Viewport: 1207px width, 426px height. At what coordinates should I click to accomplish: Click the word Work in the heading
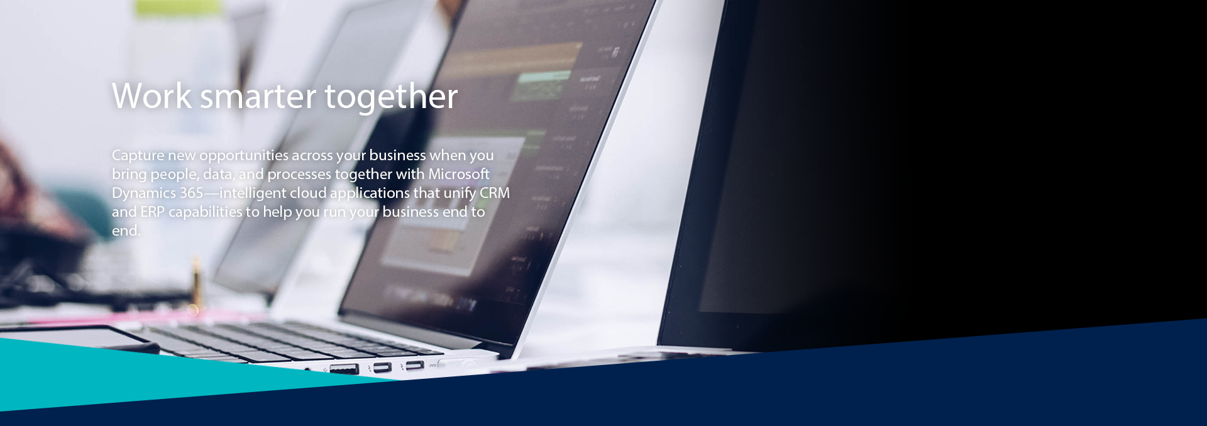coord(152,96)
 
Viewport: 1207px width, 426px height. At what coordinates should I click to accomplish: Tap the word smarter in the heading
coord(258,97)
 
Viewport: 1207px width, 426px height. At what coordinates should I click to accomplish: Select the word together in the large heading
coord(391,97)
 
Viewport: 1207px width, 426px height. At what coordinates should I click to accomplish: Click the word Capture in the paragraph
coord(138,156)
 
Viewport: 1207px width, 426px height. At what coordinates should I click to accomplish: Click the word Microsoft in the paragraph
coord(459,174)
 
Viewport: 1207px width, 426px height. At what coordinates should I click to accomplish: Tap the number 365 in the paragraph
coord(191,193)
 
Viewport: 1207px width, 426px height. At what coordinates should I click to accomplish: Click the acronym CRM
coord(495,193)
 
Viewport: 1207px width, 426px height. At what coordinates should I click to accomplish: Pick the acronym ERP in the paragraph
coord(152,212)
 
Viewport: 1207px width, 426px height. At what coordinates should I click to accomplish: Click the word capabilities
coord(205,212)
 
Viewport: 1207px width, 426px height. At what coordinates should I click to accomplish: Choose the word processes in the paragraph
coord(299,175)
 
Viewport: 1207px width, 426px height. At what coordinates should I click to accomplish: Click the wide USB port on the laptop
coord(344,369)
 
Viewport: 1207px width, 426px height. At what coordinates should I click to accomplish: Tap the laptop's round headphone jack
coord(307,369)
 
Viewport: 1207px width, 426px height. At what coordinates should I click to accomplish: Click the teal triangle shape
coord(157,374)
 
